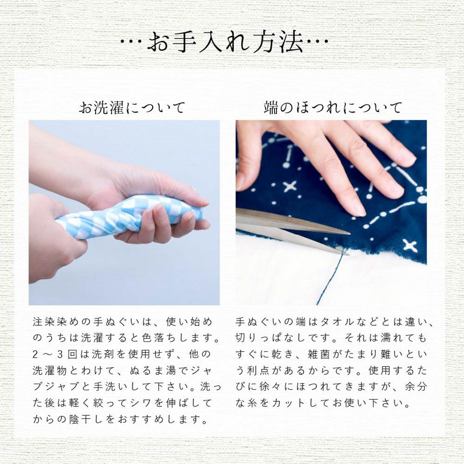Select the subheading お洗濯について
pyautogui.click(x=132, y=108)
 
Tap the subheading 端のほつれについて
pyautogui.click(x=333, y=108)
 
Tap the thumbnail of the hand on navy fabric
pyautogui.click(x=331, y=213)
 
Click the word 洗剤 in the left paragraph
pyautogui.click(x=103, y=354)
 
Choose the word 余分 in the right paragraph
pyautogui.click(x=416, y=387)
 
